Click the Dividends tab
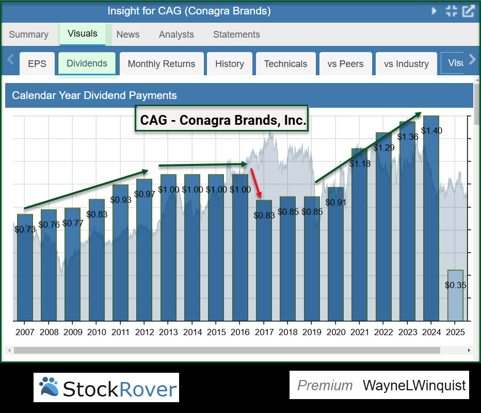87,63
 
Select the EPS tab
37,64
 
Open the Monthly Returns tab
162,64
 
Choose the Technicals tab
285,64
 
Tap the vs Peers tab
345,64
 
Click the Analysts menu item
177,35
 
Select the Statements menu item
236,35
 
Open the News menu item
128,35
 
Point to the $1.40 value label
431,131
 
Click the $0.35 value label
455,285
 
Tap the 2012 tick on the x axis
145,332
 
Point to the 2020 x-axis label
335,332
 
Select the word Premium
325,385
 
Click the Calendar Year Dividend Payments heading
94,95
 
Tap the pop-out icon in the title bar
468,11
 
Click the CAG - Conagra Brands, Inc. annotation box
221,120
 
